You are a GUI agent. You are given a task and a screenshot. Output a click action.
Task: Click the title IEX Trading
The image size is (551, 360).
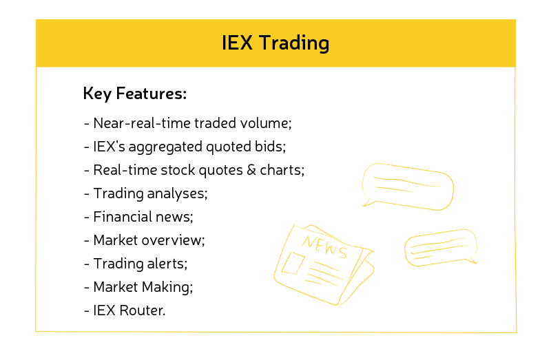click(275, 43)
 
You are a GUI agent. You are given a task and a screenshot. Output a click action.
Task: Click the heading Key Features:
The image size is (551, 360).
click(135, 94)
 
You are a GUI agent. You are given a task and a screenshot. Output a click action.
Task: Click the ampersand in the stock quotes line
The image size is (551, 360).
click(251, 170)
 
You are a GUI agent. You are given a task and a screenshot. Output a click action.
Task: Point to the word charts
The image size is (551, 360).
click(282, 170)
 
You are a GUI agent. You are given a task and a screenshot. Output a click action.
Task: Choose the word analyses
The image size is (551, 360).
click(177, 194)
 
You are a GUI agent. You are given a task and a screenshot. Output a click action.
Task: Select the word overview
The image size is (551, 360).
click(174, 240)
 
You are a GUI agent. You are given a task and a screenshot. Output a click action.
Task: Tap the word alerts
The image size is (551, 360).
click(167, 264)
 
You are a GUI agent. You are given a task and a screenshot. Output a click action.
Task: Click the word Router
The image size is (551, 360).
click(143, 310)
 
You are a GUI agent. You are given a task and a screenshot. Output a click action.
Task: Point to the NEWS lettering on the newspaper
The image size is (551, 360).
click(324, 246)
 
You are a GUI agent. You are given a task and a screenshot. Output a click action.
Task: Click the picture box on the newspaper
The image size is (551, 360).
click(293, 264)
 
